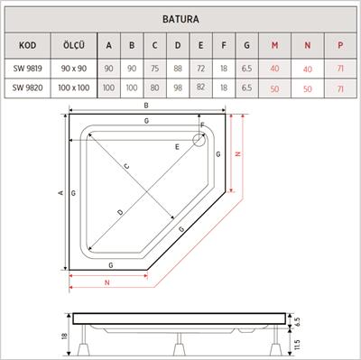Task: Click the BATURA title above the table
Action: coord(181,16)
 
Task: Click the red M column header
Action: coord(273,46)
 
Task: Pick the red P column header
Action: coord(339,46)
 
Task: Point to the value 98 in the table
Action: coord(177,89)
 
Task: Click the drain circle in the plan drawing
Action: coord(200,140)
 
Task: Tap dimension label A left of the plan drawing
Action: coord(60,193)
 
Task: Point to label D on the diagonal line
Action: coord(121,213)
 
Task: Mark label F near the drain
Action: coord(202,125)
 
